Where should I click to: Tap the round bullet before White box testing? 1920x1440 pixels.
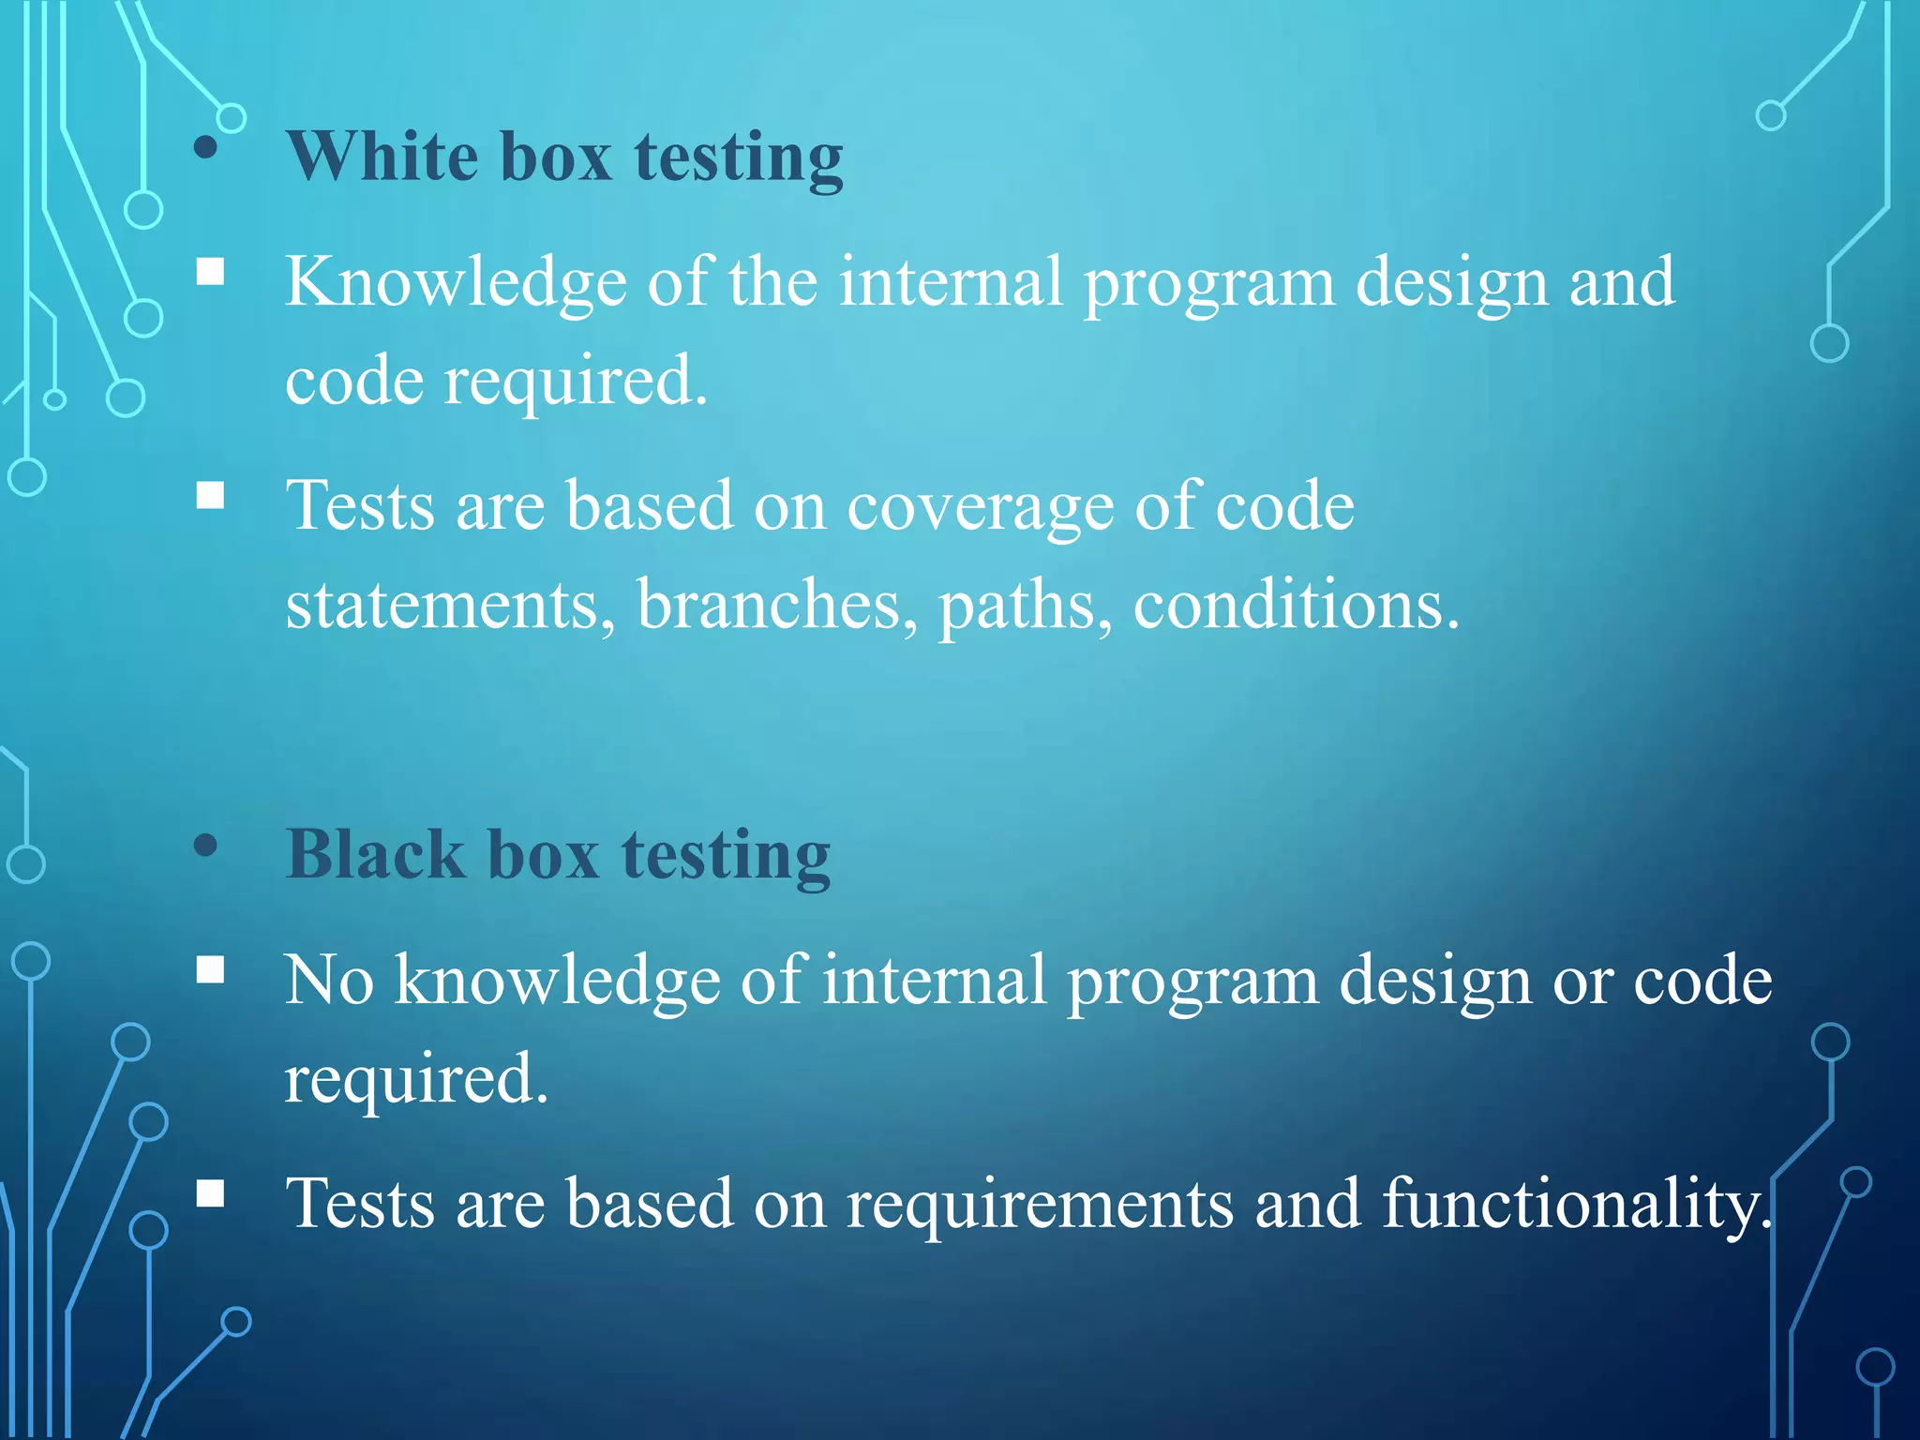point(206,148)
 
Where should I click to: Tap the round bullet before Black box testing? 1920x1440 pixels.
point(206,847)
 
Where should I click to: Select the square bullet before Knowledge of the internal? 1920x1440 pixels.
point(211,272)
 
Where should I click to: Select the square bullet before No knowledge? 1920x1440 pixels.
point(211,970)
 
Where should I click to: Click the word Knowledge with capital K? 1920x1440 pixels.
point(456,282)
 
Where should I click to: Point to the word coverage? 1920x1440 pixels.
point(980,507)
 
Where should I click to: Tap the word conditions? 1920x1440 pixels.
point(1295,606)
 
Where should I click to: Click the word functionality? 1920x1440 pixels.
point(1575,1205)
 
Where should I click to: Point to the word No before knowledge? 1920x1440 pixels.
point(329,981)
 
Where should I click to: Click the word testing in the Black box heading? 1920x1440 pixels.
point(726,854)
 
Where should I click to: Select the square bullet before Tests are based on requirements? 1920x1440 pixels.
point(211,1193)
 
